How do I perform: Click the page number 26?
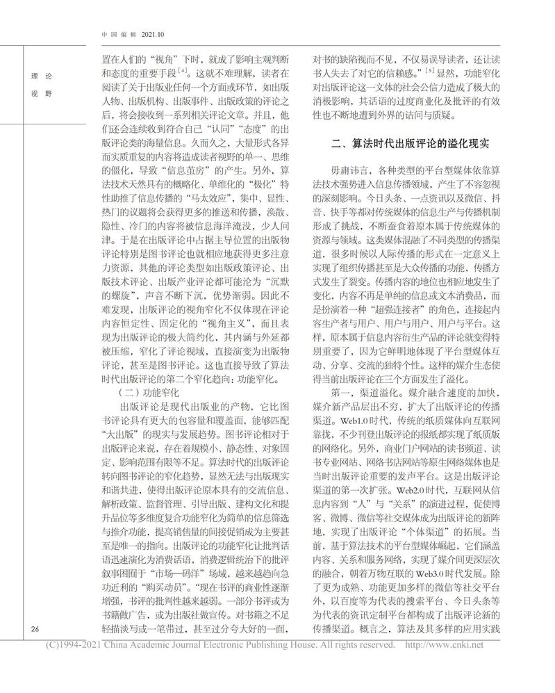[x=35, y=630]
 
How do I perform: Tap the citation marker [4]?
[x=182, y=72]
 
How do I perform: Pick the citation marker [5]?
[x=431, y=72]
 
